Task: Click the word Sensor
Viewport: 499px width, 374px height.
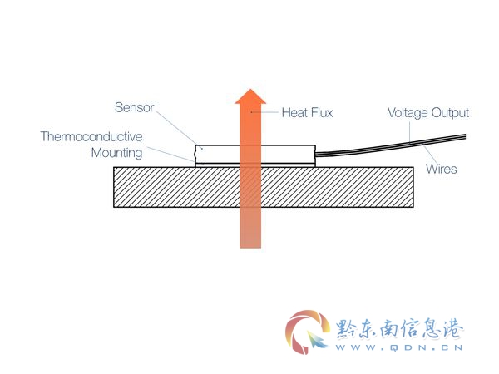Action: [134, 107]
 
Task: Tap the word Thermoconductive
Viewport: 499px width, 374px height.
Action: [91, 136]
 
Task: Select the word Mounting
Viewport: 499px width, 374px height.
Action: [116, 153]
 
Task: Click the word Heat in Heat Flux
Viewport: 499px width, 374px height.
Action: [294, 112]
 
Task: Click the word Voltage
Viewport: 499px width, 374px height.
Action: [408, 113]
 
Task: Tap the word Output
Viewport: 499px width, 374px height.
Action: [450, 113]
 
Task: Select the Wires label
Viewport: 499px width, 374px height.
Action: [441, 169]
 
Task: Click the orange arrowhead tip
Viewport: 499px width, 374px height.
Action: [250, 89]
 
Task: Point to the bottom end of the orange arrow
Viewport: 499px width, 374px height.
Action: [250, 248]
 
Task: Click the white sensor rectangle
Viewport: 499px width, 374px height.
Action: [255, 155]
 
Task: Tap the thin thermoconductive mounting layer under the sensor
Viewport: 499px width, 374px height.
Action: [255, 165]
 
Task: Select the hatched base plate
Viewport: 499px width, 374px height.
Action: [264, 187]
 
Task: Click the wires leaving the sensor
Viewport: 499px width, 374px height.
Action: [391, 145]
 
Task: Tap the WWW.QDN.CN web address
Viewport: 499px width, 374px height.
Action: [399, 347]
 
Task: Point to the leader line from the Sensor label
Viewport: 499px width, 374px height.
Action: [176, 127]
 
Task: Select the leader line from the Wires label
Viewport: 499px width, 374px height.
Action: [429, 154]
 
